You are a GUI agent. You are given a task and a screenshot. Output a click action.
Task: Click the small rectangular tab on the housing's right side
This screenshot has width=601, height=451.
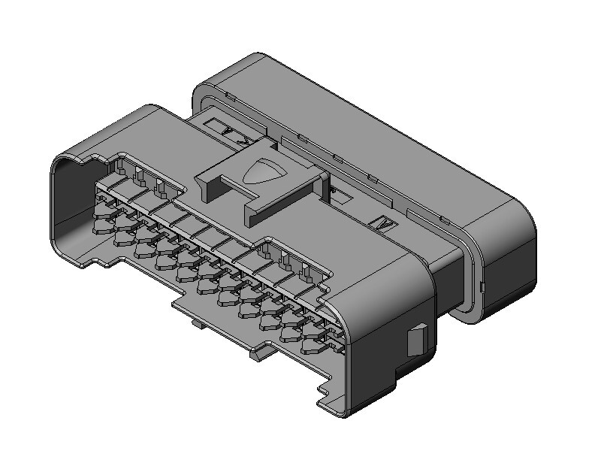click(417, 340)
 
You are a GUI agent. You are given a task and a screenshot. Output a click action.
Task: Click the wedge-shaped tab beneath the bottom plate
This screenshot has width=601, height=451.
click(254, 352)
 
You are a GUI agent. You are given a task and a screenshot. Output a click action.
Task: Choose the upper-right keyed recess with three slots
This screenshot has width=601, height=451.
click(289, 259)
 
